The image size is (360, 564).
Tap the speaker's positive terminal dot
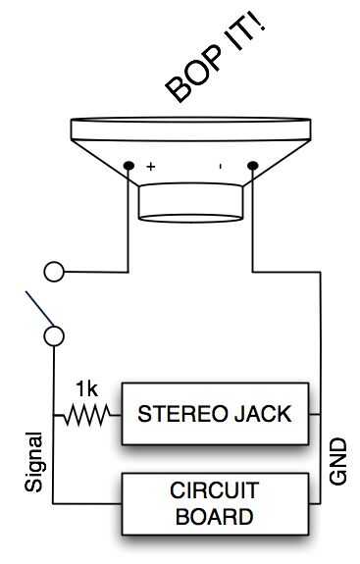pyautogui.click(x=129, y=166)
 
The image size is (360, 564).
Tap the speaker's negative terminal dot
pyautogui.click(x=253, y=166)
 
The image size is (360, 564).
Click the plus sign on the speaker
pyautogui.click(x=151, y=167)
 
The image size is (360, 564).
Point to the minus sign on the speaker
pyautogui.click(x=221, y=166)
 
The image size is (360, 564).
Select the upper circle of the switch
pyautogui.click(x=54, y=272)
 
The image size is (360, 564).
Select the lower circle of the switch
pyautogui.click(x=54, y=336)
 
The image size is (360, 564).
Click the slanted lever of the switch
pyautogui.click(x=39, y=309)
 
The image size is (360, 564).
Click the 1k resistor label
pyautogui.click(x=86, y=389)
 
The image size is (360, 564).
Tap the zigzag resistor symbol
pyautogui.click(x=86, y=415)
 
